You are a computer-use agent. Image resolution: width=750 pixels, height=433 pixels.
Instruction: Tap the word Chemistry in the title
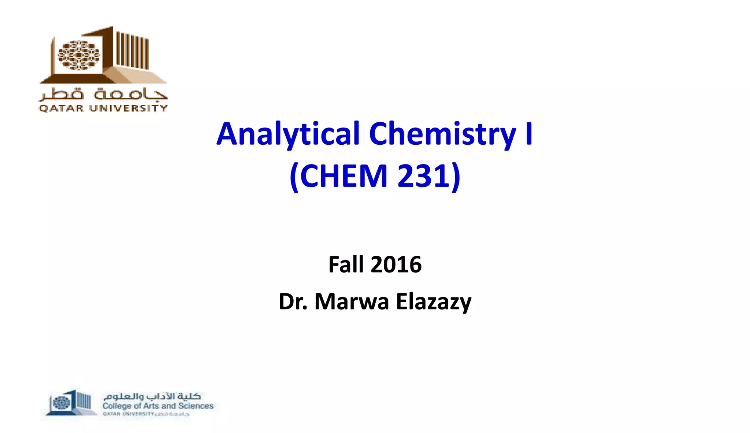pyautogui.click(x=442, y=134)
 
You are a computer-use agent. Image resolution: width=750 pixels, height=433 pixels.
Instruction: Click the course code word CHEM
pyautogui.click(x=344, y=176)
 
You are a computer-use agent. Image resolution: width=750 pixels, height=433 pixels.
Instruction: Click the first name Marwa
pyautogui.click(x=352, y=302)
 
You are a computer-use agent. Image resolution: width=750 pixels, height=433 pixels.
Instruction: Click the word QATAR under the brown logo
pyautogui.click(x=61, y=108)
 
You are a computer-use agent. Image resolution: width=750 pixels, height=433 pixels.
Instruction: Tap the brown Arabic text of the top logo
pyautogui.click(x=103, y=95)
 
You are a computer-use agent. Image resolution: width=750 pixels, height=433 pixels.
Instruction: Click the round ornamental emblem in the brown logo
pyautogui.click(x=79, y=55)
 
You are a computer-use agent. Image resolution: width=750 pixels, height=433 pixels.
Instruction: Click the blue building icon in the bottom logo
pyautogui.click(x=70, y=403)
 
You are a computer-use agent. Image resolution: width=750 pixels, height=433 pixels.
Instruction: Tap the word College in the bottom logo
pyautogui.click(x=116, y=406)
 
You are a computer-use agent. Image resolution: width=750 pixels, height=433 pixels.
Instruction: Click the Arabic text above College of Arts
pyautogui.click(x=152, y=396)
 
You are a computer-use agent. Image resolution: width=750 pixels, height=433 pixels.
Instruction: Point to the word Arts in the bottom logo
pyautogui.click(x=151, y=406)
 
